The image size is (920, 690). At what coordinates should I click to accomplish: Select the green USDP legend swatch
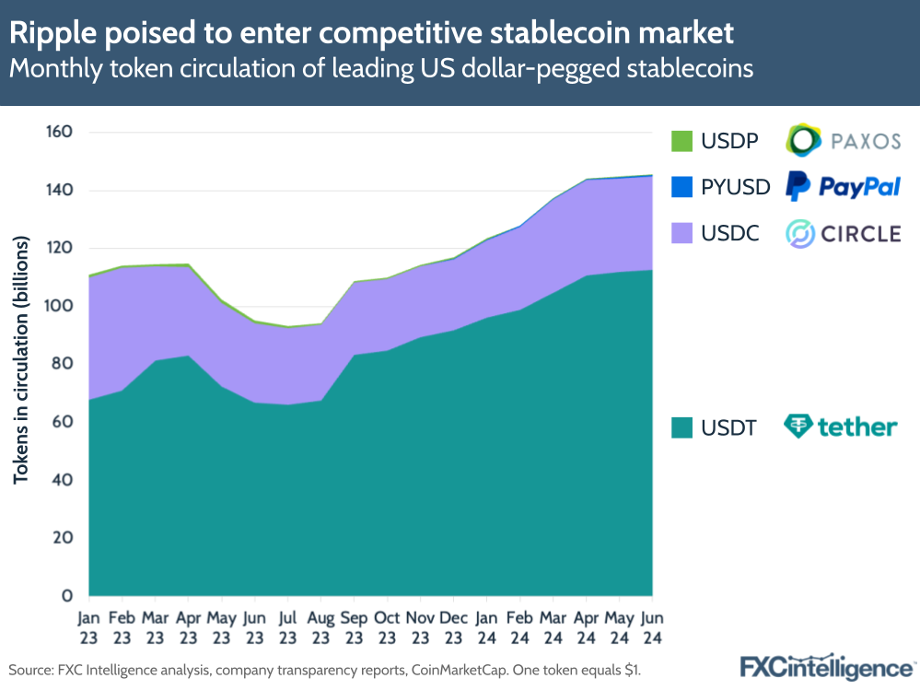[x=681, y=141]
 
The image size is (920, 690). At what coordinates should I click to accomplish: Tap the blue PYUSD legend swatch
[x=681, y=187]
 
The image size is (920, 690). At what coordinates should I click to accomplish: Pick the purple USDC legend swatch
[x=681, y=233]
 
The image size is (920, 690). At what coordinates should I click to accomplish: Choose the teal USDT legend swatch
[x=681, y=427]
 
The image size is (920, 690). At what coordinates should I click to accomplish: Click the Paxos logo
[x=843, y=140]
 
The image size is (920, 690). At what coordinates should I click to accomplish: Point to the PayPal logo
[x=843, y=186]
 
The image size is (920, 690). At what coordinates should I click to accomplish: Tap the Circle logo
[x=843, y=233]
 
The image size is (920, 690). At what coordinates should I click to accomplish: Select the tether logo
[x=840, y=427]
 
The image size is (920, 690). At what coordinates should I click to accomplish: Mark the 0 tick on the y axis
[x=67, y=596]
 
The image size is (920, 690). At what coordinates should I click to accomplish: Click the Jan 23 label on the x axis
[x=89, y=626]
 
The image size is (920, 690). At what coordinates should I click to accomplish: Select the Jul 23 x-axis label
[x=288, y=626]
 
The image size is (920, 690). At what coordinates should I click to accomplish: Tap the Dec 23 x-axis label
[x=454, y=626]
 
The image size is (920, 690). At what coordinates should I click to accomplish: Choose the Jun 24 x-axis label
[x=652, y=626]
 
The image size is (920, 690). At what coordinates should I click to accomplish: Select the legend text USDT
[x=728, y=427]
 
